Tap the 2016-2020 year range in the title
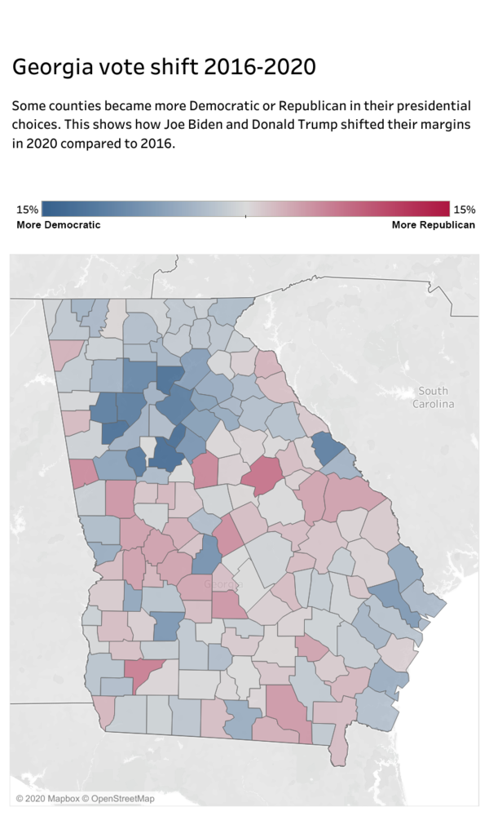pos(260,67)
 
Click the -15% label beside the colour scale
pos(26,210)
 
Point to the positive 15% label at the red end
pos(464,210)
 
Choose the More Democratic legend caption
pos(59,224)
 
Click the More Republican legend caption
pos(433,224)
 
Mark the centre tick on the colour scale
pos(246,215)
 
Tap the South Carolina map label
pos(433,397)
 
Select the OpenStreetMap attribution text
pos(122,798)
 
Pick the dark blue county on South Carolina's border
pos(328,448)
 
